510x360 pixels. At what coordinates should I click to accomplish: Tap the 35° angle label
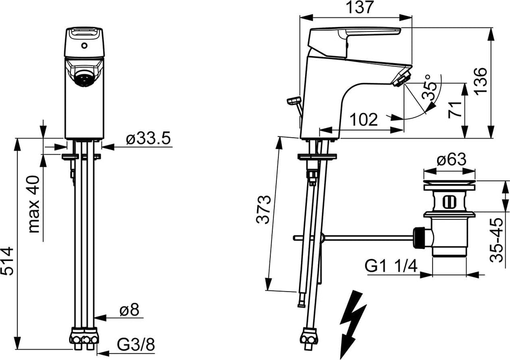pos(428,87)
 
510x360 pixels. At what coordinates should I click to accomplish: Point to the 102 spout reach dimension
pos(364,120)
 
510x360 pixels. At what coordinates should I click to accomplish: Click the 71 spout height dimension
pos(455,109)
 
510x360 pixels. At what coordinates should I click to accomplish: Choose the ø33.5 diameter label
pos(148,139)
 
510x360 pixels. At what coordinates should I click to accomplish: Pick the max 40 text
pos(34,204)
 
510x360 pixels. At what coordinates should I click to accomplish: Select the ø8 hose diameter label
pos(129,311)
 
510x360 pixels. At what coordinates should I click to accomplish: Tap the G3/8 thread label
pos(136,345)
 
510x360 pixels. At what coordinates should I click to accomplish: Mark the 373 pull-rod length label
pos(263,209)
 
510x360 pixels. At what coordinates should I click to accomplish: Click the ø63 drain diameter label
pos(451,160)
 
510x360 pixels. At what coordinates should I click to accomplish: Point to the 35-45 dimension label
pos(496,240)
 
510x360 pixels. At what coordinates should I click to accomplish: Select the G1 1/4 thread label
pos(391,267)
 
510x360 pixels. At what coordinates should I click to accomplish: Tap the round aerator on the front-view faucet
pos(85,79)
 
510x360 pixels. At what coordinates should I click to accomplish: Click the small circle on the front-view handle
pos(85,45)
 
